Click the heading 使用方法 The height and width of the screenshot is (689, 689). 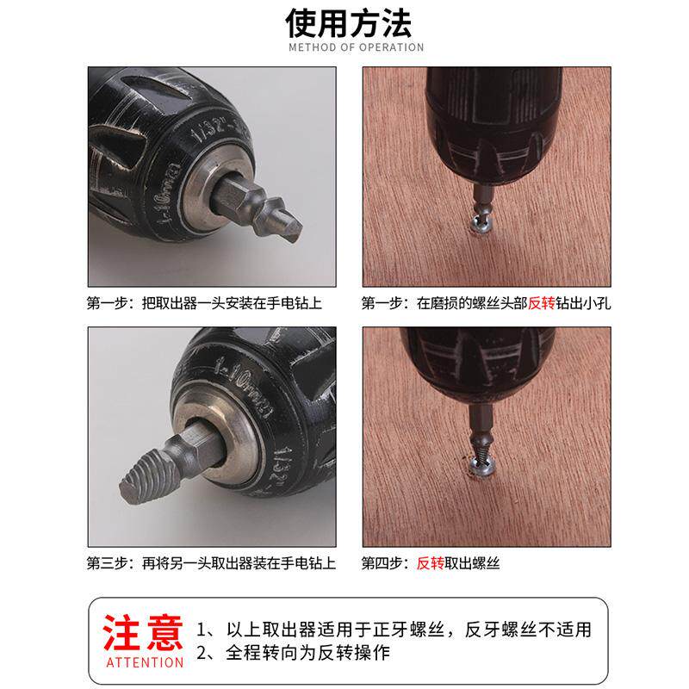(x=349, y=23)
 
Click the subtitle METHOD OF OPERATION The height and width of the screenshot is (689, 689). (x=357, y=47)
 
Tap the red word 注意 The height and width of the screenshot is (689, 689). (x=143, y=633)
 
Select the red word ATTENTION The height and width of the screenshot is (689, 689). (x=145, y=662)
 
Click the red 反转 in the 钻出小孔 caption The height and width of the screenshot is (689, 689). (x=542, y=303)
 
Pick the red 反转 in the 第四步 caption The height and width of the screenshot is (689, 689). (x=430, y=563)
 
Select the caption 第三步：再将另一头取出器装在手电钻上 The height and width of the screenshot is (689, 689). (x=211, y=563)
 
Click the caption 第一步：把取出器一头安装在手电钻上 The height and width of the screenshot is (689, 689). (x=204, y=303)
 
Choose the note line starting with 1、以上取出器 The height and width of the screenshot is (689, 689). (x=394, y=630)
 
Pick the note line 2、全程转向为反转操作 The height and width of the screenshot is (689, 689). (x=293, y=653)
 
